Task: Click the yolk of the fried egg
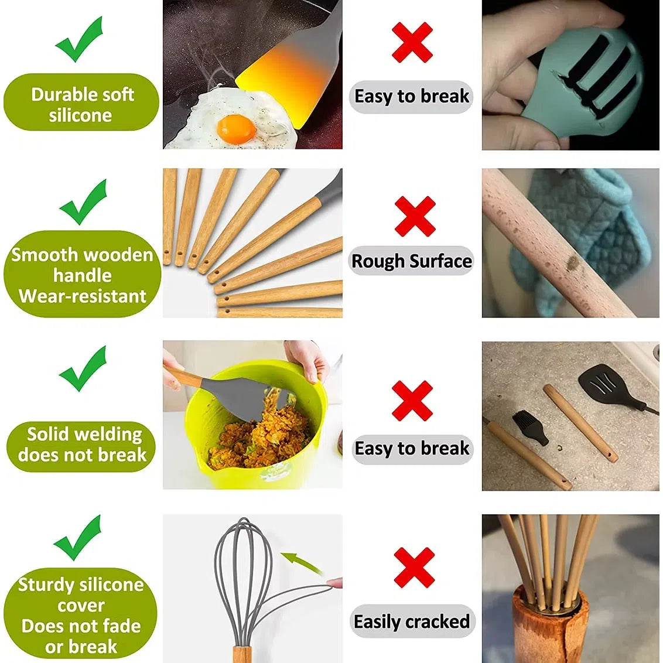pos(236,128)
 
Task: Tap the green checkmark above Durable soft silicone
pos(79,40)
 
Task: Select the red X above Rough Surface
pos(415,216)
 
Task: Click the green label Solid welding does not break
pos(81,445)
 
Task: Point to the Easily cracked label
pos(412,621)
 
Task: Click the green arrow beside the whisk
pos(302,563)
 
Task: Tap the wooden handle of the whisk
pos(242,652)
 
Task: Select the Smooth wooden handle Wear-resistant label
pos(82,275)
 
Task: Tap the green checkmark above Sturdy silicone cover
pos(77,538)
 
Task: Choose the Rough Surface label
pos(412,261)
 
